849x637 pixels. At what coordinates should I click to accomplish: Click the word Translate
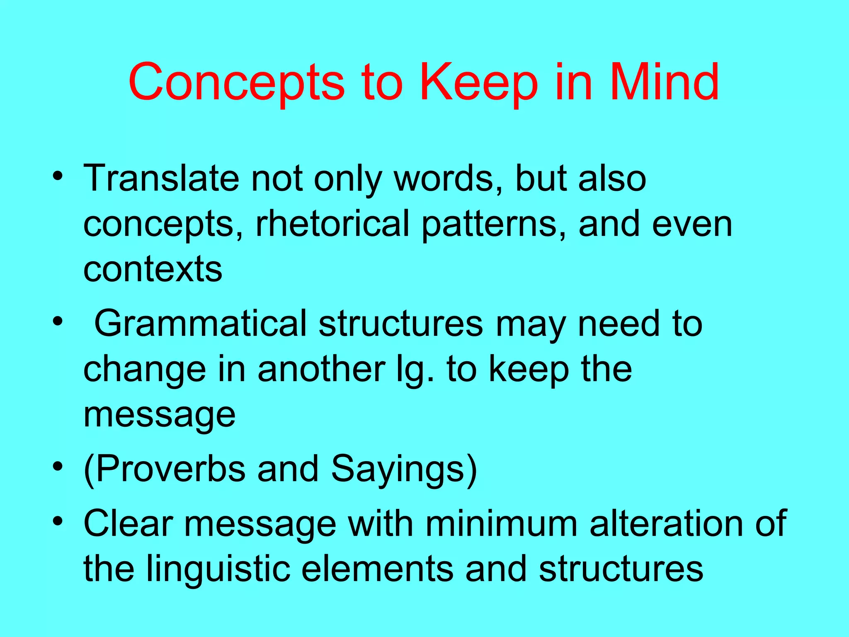(x=162, y=179)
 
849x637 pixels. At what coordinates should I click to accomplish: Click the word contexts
(x=153, y=270)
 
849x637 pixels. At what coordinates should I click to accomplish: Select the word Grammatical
(x=201, y=323)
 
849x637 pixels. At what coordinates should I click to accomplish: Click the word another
(x=322, y=369)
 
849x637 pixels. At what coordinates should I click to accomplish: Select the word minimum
(x=501, y=523)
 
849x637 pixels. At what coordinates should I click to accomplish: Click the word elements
(x=377, y=569)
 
